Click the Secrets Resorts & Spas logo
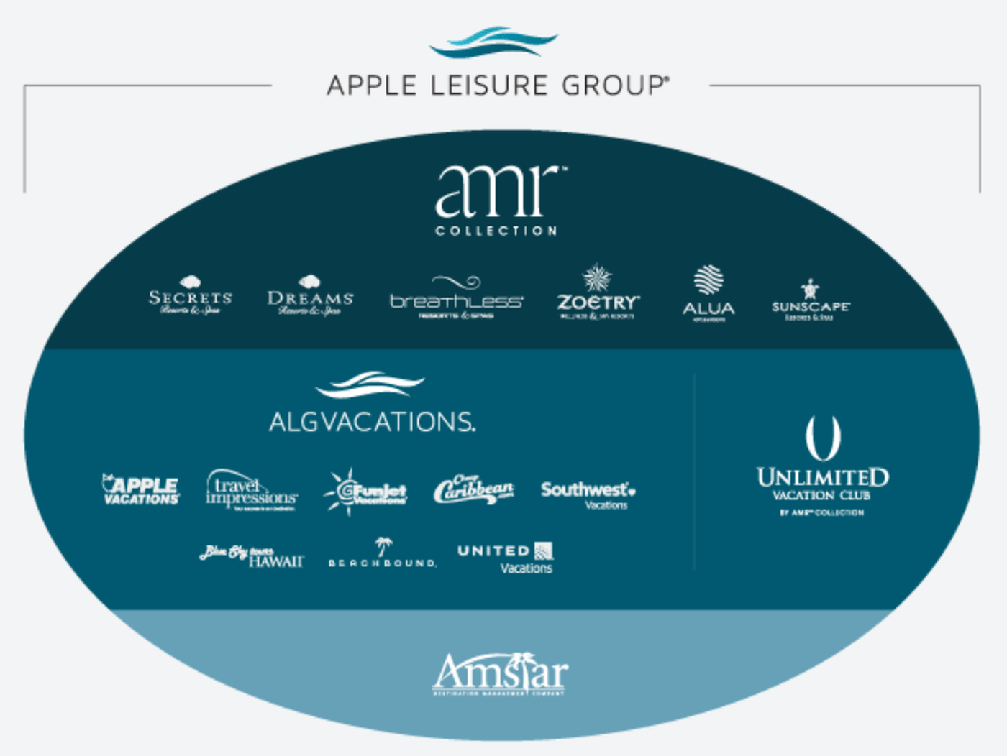click(x=191, y=296)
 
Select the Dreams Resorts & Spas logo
click(x=310, y=296)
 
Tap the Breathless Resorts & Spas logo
click(x=456, y=298)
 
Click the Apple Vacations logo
click(x=141, y=490)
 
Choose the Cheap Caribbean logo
click(x=473, y=490)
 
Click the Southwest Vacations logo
click(x=588, y=494)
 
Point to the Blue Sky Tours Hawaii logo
click(x=252, y=557)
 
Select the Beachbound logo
click(x=382, y=554)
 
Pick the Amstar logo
click(x=500, y=673)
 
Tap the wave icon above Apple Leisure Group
click(x=493, y=42)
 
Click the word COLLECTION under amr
click(x=496, y=231)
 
